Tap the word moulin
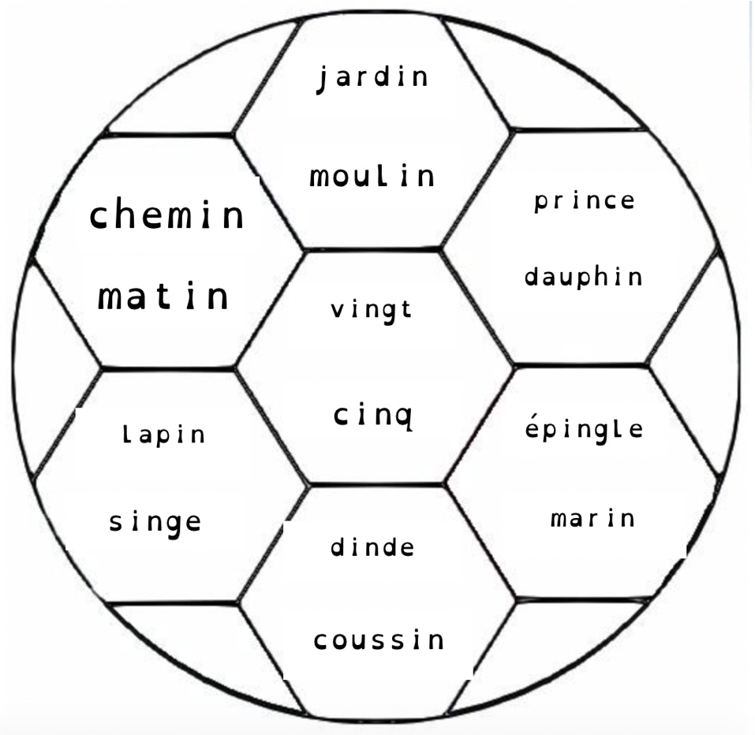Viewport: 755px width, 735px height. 372,176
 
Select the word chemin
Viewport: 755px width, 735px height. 166,215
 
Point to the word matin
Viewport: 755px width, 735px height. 163,297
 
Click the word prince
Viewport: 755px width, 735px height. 584,201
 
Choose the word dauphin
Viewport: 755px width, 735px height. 584,277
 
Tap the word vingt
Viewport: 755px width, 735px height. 372,310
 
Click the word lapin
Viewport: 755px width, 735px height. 164,435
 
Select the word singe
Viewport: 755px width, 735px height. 155,522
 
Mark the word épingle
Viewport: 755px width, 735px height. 584,431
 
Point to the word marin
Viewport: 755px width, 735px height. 592,518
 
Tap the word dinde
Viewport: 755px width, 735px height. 372,547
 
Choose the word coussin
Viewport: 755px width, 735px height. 379,640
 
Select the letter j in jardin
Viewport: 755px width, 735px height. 322,79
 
